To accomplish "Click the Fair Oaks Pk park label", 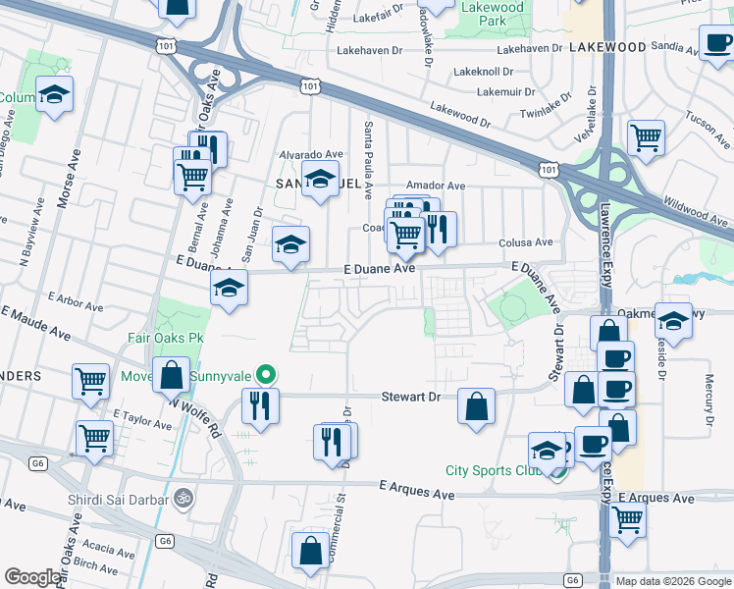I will coord(165,337).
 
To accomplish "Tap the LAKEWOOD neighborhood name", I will coord(606,47).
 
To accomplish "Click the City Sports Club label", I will coord(494,470).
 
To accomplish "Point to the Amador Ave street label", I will coord(436,185).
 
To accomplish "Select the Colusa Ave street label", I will coord(526,242).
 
